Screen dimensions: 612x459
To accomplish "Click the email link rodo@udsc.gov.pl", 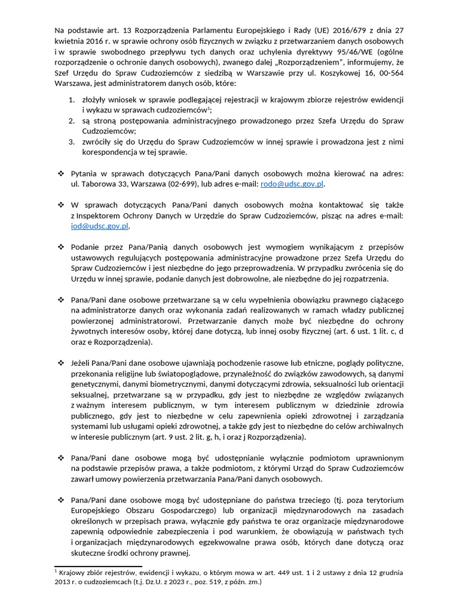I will pyautogui.click(x=292, y=184).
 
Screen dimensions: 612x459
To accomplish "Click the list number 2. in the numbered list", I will pyautogui.click(x=71, y=120).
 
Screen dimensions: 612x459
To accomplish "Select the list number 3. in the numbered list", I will pyautogui.click(x=71, y=142).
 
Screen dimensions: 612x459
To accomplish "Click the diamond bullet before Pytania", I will pyautogui.click(x=60, y=173).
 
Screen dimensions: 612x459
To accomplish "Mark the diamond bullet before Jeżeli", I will pyautogui.click(x=60, y=363).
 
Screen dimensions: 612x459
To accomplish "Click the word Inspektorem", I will pyautogui.click(x=100, y=215).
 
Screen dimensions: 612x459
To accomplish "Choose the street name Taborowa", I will pyautogui.click(x=98, y=184).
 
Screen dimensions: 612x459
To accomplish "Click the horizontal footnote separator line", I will pyautogui.click(x=98, y=565).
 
